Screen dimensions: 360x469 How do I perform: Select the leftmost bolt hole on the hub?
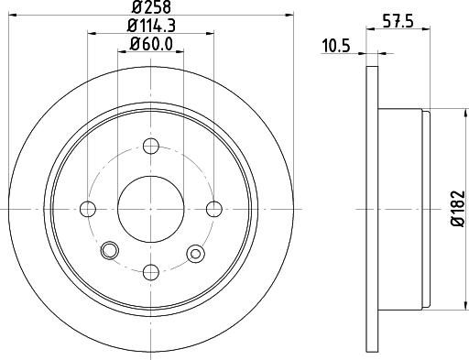pos(89,209)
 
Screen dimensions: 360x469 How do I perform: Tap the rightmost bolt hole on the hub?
pos(213,209)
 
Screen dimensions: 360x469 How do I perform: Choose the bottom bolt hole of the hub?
pos(150,270)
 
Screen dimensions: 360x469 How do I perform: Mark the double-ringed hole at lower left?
pos(111,249)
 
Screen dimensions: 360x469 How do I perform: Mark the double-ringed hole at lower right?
pos(194,252)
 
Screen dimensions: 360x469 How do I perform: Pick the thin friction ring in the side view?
pos(372,209)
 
